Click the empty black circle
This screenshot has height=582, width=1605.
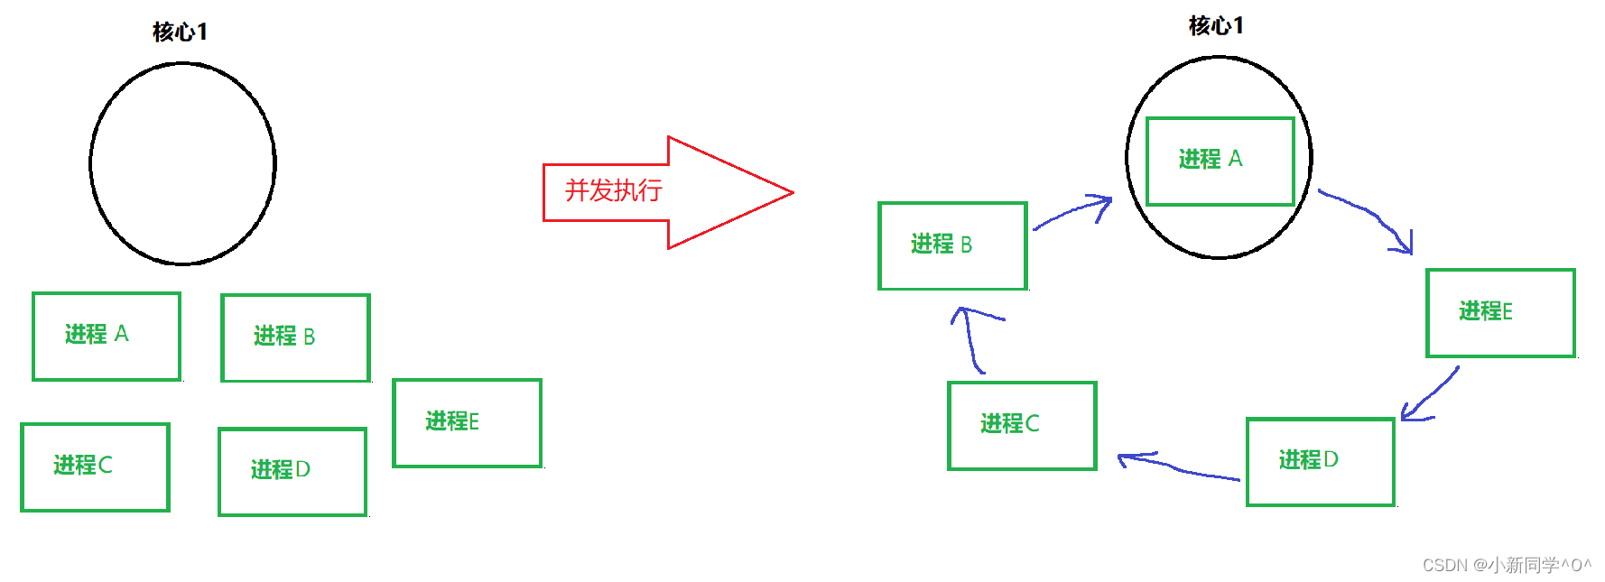(x=182, y=163)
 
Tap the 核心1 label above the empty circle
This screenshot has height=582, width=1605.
(x=180, y=32)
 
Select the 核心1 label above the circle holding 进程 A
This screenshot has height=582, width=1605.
(x=1216, y=25)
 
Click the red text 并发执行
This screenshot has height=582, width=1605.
(x=613, y=190)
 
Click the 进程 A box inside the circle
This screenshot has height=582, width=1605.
(x=1220, y=161)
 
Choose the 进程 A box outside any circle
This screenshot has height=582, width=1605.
(x=107, y=336)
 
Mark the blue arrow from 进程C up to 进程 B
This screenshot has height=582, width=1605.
(x=973, y=338)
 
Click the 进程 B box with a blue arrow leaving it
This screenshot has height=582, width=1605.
(x=952, y=245)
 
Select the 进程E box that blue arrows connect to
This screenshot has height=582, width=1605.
(x=1500, y=312)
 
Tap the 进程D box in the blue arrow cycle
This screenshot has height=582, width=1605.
(x=1320, y=461)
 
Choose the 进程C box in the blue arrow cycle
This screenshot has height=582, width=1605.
(x=1022, y=425)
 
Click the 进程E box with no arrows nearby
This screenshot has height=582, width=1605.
(x=467, y=422)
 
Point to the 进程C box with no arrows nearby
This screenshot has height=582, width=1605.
(x=95, y=467)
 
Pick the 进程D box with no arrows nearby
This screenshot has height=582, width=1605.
(x=292, y=471)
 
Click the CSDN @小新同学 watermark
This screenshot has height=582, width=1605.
(x=1506, y=565)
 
